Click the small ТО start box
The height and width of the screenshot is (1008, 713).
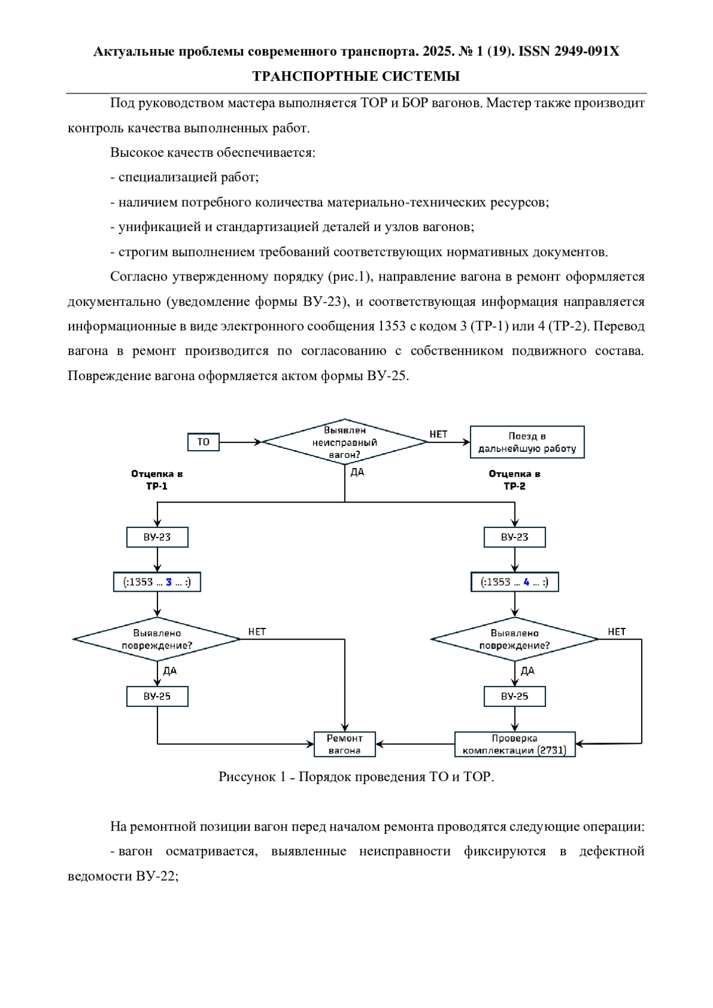click(203, 442)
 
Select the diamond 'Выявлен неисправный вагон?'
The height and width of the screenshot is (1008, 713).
click(345, 442)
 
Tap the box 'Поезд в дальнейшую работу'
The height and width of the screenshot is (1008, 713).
click(527, 442)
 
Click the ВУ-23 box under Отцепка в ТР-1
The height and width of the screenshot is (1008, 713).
click(157, 537)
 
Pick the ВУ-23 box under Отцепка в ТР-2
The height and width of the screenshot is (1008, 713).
click(515, 537)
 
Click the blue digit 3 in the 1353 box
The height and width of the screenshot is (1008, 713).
click(169, 582)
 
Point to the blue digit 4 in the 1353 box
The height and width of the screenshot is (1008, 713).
click(526, 582)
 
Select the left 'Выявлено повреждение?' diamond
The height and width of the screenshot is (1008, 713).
click(157, 639)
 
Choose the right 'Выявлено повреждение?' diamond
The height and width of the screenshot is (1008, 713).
click(515, 639)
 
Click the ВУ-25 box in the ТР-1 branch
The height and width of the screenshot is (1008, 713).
click(157, 696)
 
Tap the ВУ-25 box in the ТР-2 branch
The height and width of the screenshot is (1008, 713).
click(515, 696)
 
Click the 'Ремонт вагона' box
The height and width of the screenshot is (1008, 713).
click(345, 744)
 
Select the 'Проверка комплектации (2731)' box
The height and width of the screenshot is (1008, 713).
click(515, 744)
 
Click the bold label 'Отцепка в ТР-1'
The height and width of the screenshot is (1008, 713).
click(157, 480)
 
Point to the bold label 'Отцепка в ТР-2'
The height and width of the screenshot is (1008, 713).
click(515, 480)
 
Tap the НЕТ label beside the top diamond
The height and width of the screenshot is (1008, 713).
click(438, 434)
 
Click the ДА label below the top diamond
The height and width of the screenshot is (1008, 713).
click(357, 472)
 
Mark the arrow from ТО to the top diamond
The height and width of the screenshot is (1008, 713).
click(241, 442)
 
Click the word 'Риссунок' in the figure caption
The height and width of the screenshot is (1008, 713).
click(247, 777)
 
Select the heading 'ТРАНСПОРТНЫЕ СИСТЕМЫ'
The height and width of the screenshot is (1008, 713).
click(356, 77)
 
